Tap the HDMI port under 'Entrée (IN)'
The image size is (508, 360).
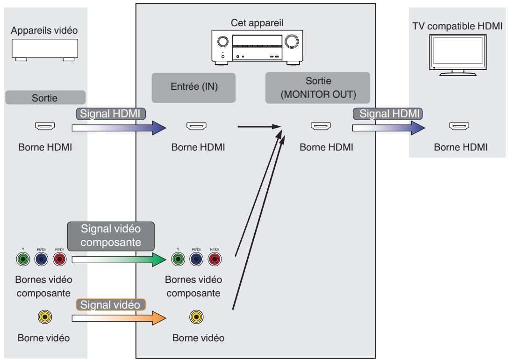point(193,126)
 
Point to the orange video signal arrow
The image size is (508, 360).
point(119,318)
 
